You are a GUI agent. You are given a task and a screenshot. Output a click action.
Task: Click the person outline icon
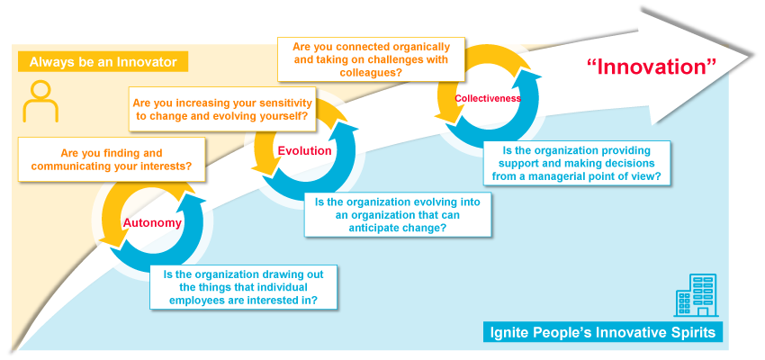(40, 102)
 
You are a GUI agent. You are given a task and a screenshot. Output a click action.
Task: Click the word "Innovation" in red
(651, 67)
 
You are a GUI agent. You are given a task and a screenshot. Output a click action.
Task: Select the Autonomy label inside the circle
(152, 223)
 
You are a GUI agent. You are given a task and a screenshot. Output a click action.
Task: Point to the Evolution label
(304, 150)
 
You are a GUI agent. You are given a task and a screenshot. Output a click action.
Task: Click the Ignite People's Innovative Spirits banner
(603, 332)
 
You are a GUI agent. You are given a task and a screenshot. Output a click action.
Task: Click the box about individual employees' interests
(244, 287)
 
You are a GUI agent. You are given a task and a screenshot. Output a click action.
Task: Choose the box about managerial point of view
(578, 165)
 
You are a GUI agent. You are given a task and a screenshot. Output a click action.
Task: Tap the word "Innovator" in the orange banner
(150, 62)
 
